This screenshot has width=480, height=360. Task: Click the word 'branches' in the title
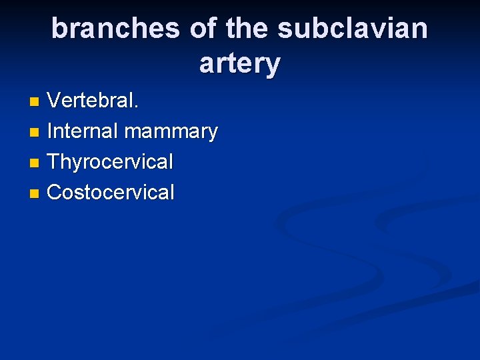[x=115, y=29]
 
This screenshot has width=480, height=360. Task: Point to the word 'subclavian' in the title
[x=353, y=29]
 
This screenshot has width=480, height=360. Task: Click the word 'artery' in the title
[x=240, y=65]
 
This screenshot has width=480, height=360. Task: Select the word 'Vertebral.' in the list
[x=93, y=101]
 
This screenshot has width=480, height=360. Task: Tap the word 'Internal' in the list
[x=83, y=131]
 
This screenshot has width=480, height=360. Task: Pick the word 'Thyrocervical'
[x=111, y=162]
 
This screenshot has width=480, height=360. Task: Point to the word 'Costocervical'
[x=111, y=193]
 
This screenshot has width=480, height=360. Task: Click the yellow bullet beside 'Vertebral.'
[x=35, y=102]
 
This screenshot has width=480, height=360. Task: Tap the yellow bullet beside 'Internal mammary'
[x=35, y=133]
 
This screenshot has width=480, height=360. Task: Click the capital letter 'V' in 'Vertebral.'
[x=53, y=101]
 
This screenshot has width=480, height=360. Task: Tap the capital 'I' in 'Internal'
[x=51, y=131]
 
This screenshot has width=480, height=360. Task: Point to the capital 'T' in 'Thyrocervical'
[x=54, y=162]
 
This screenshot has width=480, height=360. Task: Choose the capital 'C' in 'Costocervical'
[x=55, y=193]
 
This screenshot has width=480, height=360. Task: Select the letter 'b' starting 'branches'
[x=59, y=29]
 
